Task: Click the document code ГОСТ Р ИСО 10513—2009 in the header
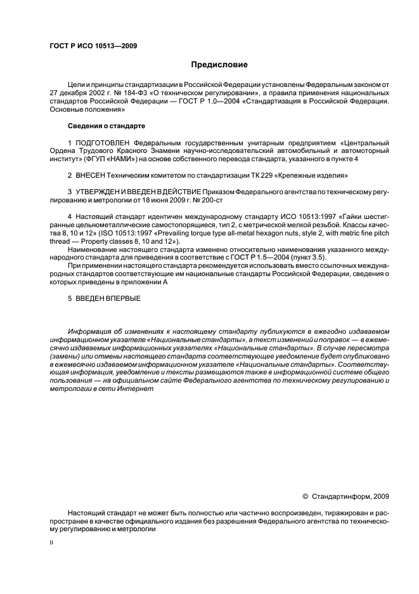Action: click(x=94, y=46)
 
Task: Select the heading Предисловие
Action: click(x=220, y=65)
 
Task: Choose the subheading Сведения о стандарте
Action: click(x=106, y=126)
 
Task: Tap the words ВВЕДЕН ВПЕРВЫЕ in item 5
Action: click(x=108, y=299)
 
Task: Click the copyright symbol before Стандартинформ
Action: click(x=306, y=497)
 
